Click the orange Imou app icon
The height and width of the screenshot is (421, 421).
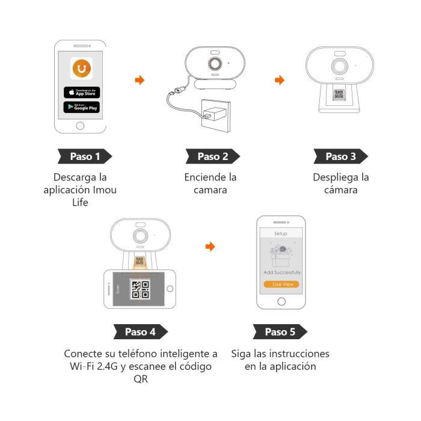[81, 69]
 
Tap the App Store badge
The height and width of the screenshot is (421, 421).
[81, 92]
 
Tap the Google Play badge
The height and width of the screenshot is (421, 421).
[81, 107]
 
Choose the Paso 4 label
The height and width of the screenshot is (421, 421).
[140, 331]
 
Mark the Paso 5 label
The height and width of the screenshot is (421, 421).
[279, 331]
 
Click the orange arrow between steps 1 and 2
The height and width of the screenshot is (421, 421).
[140, 79]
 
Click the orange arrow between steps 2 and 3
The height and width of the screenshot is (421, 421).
[279, 79]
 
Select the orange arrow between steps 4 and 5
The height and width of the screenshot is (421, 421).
[209, 247]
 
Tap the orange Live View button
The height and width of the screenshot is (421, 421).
[281, 283]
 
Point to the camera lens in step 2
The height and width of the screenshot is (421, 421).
[214, 64]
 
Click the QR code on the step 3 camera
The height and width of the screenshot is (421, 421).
[339, 94]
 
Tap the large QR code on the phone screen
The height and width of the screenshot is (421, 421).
[140, 289]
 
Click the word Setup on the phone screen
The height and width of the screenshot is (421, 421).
[280, 233]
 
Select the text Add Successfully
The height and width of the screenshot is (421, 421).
[281, 272]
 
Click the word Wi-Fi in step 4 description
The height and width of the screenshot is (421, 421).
[79, 366]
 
